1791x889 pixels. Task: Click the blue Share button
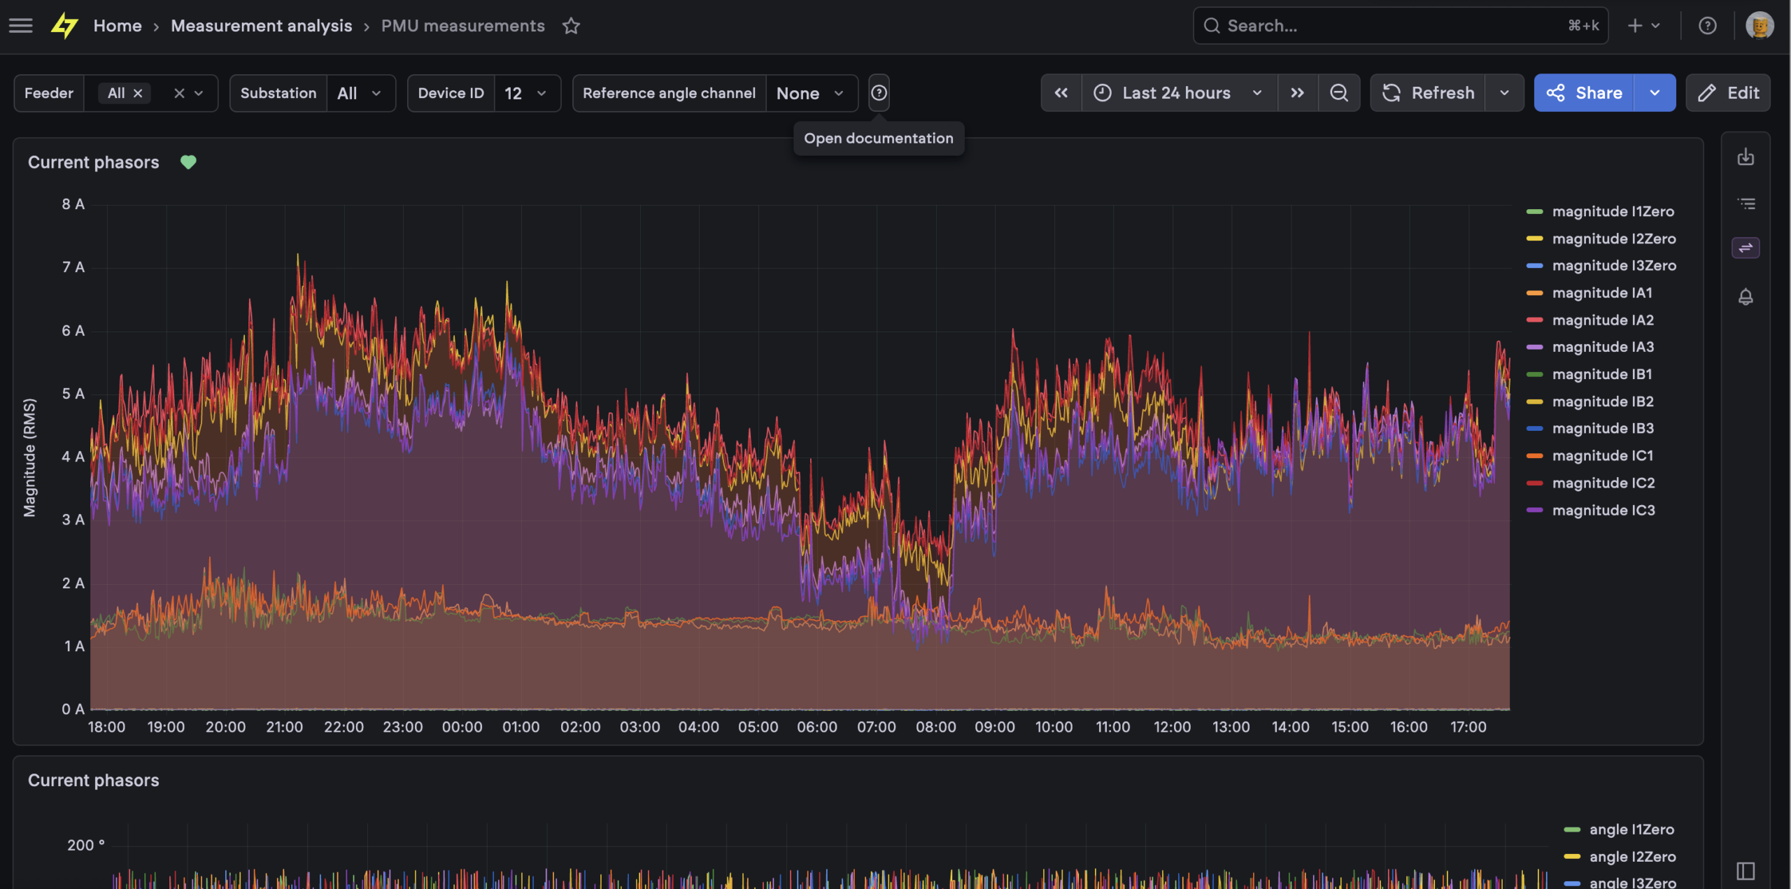[1584, 93]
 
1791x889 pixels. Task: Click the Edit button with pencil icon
[1728, 93]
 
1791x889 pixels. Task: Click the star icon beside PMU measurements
[572, 26]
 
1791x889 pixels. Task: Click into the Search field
[1399, 26]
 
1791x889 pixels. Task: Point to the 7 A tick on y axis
[73, 267]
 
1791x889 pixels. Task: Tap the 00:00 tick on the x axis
[462, 727]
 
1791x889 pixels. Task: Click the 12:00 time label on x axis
[1172, 727]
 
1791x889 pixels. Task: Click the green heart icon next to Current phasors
[188, 162]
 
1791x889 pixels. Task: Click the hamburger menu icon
[21, 26]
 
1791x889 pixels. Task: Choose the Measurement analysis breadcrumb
[262, 26]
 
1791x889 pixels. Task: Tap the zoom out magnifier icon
[1339, 93]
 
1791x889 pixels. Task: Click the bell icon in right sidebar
[1746, 297]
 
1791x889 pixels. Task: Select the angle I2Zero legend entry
[1620, 857]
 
